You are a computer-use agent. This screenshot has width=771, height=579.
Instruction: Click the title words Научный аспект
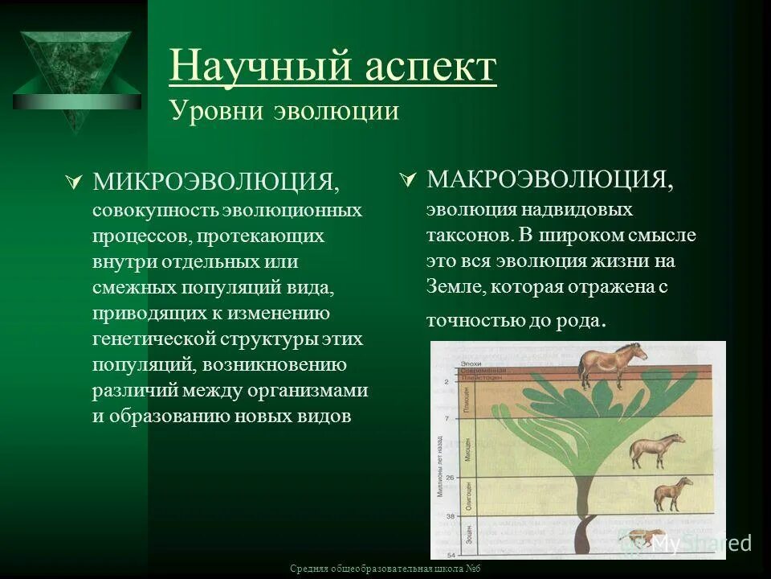[332, 67]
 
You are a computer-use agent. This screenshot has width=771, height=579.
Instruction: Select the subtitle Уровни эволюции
[284, 110]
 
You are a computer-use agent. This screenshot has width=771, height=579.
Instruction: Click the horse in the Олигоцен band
[672, 492]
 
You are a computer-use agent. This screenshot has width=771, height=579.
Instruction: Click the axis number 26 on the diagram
[448, 478]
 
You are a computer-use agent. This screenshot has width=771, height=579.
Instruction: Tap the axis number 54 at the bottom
[448, 555]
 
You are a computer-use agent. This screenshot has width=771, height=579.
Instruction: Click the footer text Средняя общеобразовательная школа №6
[385, 569]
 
